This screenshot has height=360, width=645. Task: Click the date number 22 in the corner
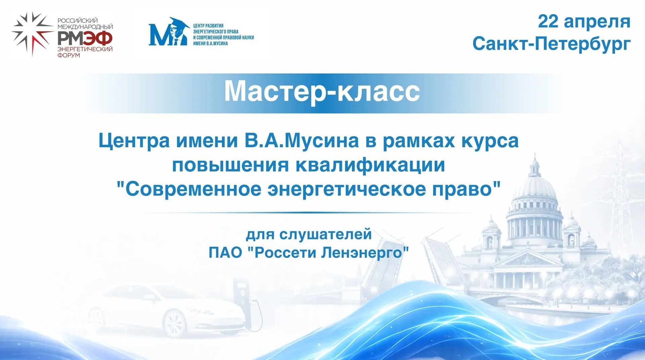(x=548, y=22)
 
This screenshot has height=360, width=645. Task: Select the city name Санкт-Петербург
(x=551, y=44)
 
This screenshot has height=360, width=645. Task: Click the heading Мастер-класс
(x=322, y=91)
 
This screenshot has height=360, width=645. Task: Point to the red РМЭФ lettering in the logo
(x=85, y=39)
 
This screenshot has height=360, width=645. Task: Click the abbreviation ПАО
(x=225, y=252)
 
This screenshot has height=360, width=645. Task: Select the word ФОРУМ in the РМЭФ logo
(x=69, y=55)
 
